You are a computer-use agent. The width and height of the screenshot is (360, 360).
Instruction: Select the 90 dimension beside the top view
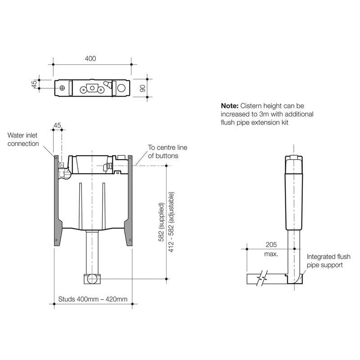pos(143,87)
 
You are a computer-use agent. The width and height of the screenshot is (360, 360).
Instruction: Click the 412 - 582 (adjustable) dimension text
pos(171,222)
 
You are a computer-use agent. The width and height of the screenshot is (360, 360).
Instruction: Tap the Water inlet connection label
pos(23,139)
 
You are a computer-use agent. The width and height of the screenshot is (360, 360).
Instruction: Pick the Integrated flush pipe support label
pos(328,261)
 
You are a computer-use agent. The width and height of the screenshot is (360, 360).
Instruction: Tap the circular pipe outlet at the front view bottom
pos(92,279)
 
